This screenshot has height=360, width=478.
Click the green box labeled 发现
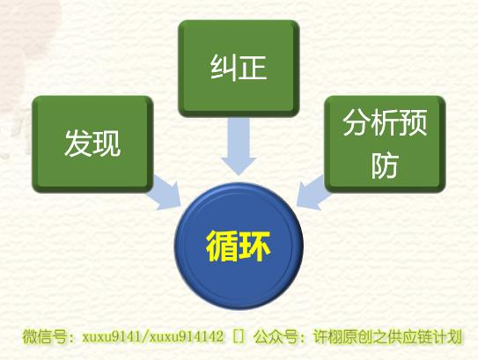click(x=92, y=144)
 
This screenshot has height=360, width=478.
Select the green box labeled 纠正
click(x=239, y=69)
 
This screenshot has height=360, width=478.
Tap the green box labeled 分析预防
click(x=385, y=144)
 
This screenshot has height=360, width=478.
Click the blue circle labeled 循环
click(x=239, y=246)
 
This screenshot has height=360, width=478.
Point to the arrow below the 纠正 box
click(x=239, y=146)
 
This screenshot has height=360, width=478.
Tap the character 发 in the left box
click(x=78, y=143)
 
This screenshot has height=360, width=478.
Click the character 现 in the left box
click(x=107, y=143)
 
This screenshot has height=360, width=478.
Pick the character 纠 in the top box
click(x=224, y=68)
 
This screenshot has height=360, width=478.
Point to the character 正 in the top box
click(x=253, y=68)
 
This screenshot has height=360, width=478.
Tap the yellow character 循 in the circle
click(x=222, y=246)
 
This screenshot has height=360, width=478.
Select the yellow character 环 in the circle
click(x=254, y=246)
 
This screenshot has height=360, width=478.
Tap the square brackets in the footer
click(x=239, y=337)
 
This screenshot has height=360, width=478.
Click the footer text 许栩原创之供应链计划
click(x=387, y=336)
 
